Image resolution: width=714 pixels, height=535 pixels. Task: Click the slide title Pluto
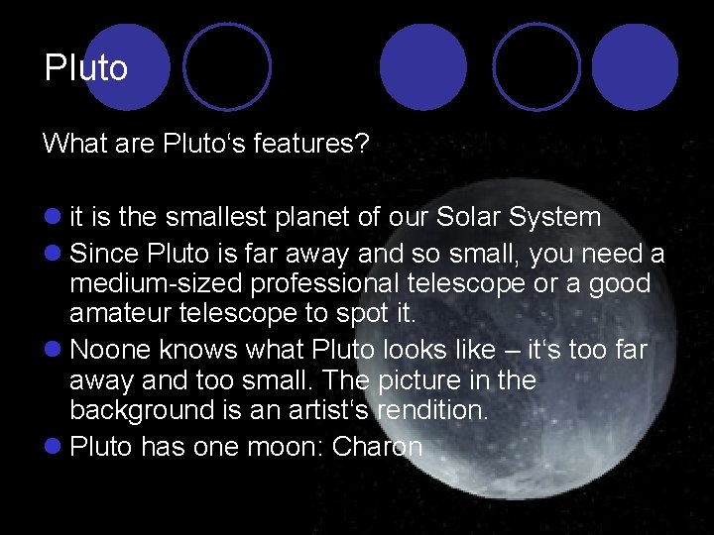pos(86,68)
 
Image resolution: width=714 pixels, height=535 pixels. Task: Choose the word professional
pos(327,284)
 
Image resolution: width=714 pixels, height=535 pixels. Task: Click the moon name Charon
pos(377,447)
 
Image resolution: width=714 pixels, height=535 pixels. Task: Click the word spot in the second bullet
pos(368,315)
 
